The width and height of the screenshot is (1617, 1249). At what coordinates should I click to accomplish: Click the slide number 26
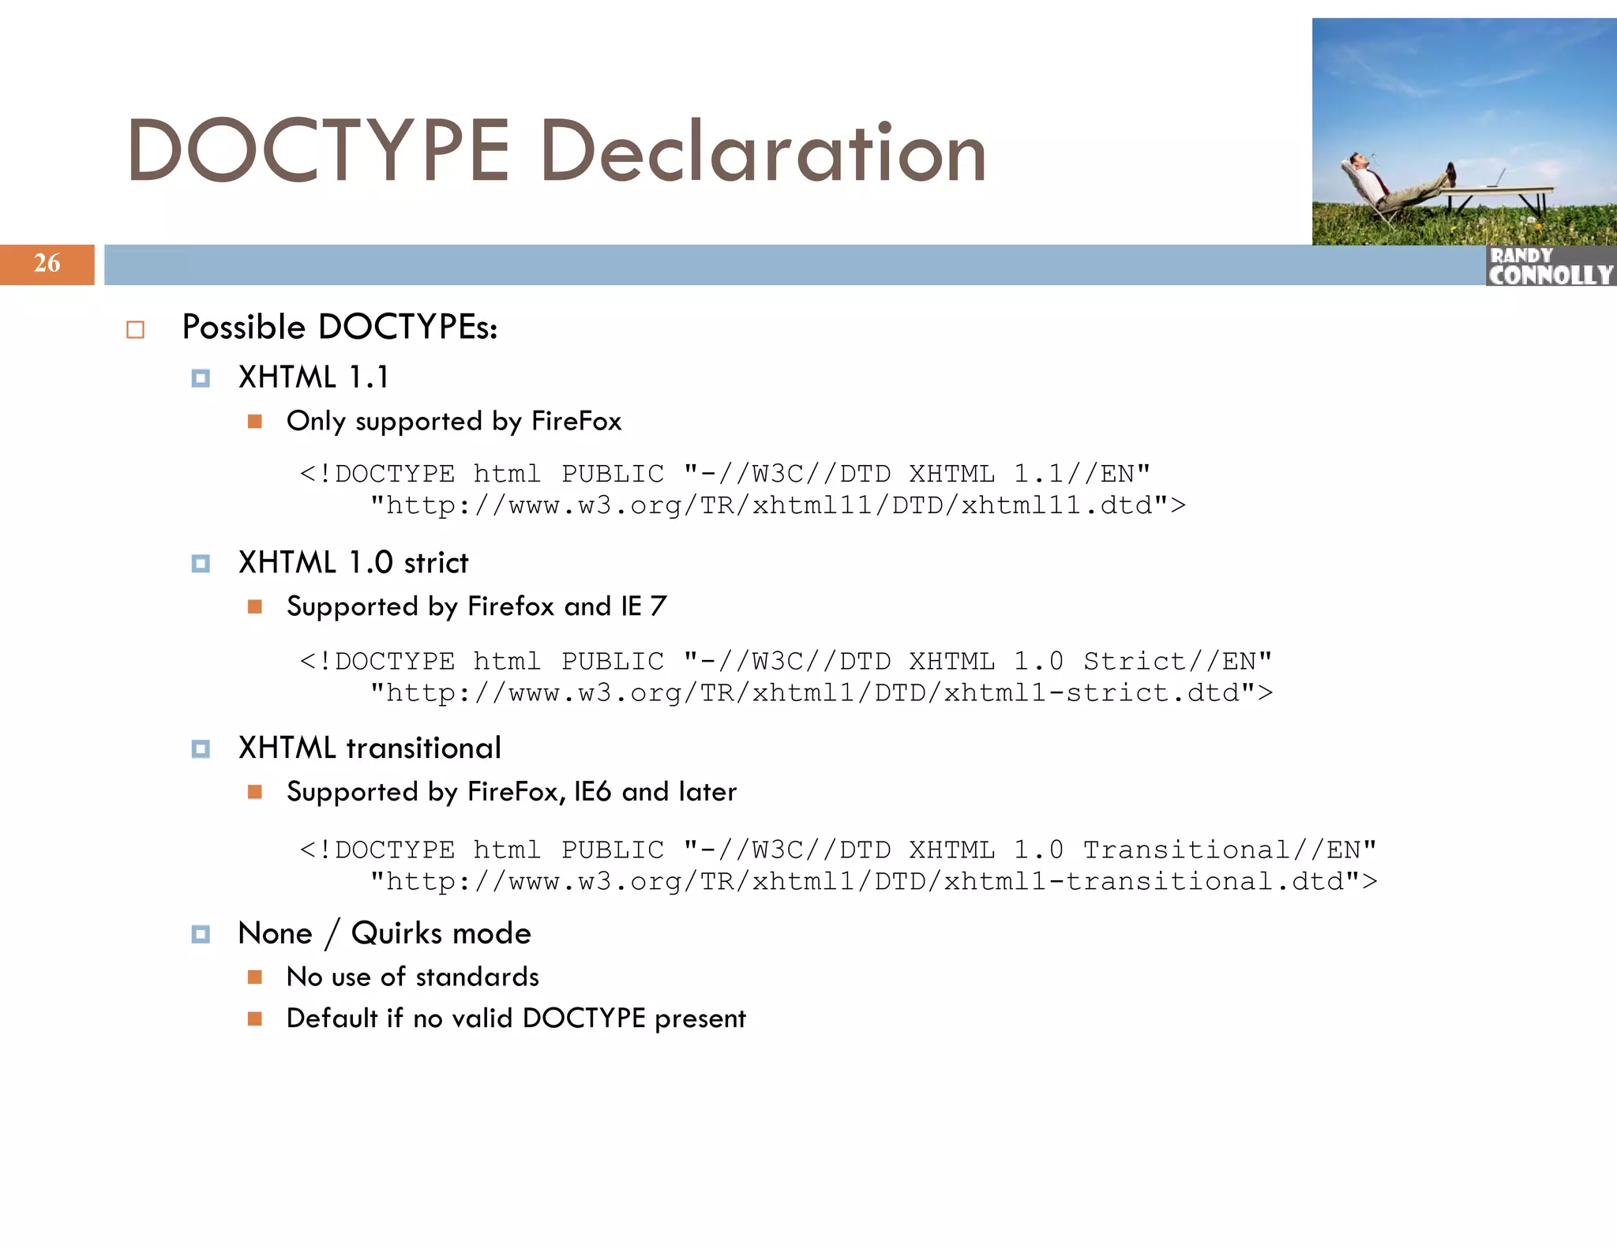[x=47, y=263]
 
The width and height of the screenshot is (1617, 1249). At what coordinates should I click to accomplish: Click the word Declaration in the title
[x=763, y=152]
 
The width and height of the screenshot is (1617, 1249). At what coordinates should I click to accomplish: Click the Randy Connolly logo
[x=1550, y=266]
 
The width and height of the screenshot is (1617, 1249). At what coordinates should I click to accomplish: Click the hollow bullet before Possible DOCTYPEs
[x=136, y=329]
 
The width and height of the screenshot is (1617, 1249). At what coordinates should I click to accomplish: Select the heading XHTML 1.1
[x=313, y=377]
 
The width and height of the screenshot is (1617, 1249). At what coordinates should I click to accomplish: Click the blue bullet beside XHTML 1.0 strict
[x=201, y=564]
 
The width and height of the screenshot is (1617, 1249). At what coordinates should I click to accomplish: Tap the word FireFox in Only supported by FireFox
[x=576, y=421]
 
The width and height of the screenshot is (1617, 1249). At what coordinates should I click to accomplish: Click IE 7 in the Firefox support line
[x=643, y=606]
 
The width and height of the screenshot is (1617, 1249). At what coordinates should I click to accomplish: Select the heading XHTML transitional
[x=370, y=748]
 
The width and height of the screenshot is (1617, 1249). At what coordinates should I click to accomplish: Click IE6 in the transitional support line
[x=592, y=792]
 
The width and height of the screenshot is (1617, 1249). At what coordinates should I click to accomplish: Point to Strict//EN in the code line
[x=1176, y=661]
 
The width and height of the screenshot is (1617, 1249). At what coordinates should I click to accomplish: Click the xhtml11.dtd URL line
[x=778, y=505]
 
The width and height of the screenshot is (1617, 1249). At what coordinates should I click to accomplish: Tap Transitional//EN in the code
[x=1229, y=850]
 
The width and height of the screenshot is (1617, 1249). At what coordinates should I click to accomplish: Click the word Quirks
[x=396, y=934]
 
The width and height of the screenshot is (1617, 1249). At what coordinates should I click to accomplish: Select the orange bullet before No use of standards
[x=254, y=977]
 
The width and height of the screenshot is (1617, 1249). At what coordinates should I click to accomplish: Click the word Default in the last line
[x=332, y=1018]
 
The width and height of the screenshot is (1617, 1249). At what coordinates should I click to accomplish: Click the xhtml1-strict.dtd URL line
[x=821, y=693]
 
